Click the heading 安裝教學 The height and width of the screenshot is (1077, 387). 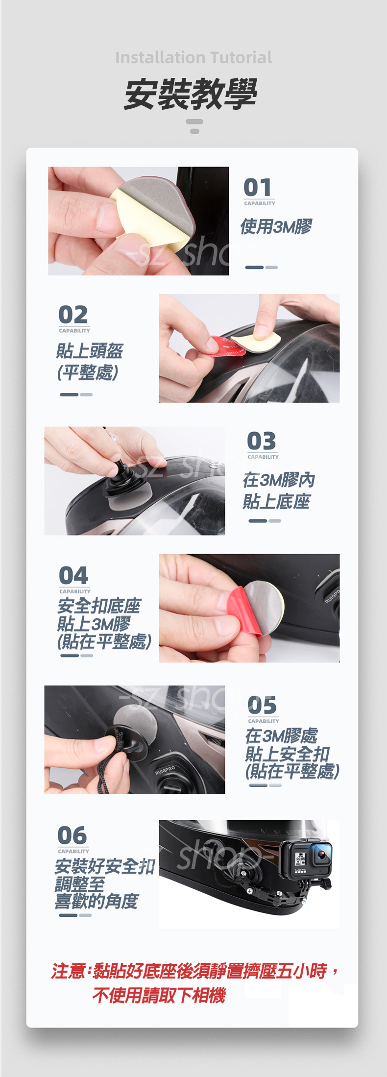tap(191, 94)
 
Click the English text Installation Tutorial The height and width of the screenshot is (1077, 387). tap(193, 58)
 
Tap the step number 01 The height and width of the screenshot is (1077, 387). tap(258, 188)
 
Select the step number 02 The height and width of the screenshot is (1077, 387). tap(73, 315)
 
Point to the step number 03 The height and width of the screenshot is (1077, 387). tap(262, 441)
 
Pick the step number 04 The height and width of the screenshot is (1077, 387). tap(73, 575)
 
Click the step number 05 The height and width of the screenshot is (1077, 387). tap(262, 706)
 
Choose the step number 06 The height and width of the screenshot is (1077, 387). tap(72, 835)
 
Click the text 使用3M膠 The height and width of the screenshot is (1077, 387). tap(276, 227)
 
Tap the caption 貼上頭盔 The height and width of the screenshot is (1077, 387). tap(90, 351)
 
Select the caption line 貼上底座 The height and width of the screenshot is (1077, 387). tap(277, 501)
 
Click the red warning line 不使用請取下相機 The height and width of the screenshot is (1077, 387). tap(159, 995)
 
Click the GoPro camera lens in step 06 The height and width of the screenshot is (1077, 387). tap(322, 856)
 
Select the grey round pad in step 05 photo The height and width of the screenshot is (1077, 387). tap(136, 725)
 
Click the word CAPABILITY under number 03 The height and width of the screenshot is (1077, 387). tap(263, 457)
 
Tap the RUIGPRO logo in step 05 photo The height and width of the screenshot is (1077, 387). tap(165, 770)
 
